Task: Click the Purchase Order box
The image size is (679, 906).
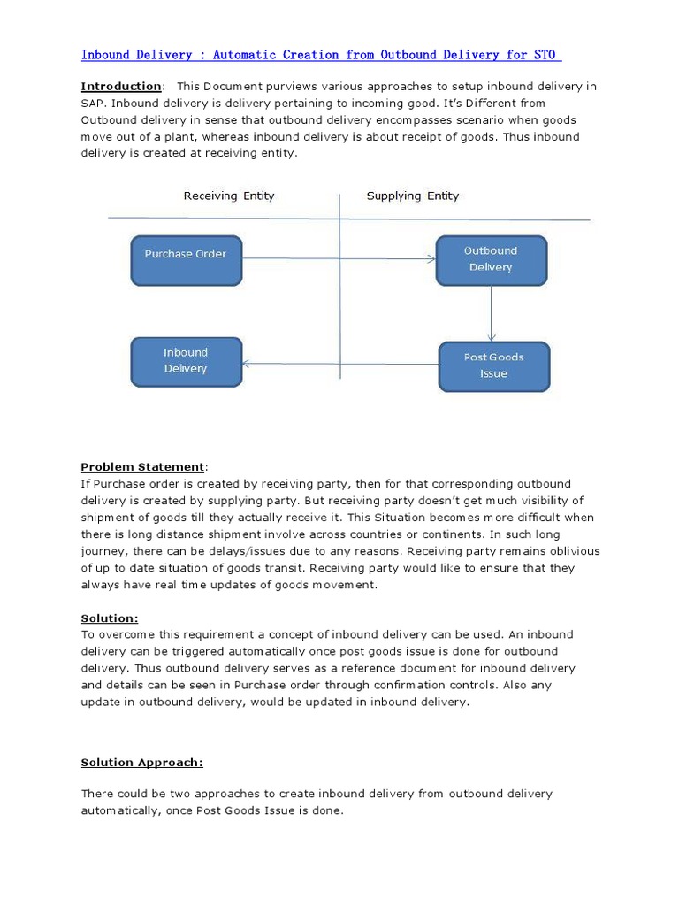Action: coord(186,260)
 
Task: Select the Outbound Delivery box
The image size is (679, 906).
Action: coord(491,259)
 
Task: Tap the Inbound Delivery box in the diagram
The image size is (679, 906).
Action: coord(186,361)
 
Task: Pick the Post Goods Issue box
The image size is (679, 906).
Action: coord(493,365)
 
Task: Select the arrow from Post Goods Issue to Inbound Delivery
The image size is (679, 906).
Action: coord(340,364)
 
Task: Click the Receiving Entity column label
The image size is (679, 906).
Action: coord(229,196)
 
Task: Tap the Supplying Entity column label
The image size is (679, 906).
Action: coord(413,196)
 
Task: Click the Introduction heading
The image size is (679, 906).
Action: coord(121,87)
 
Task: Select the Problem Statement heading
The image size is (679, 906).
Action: coord(142,467)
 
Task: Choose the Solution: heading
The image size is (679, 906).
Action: coord(110,618)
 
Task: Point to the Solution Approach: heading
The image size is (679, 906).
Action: coord(141,762)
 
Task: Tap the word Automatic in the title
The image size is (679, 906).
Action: coord(244,55)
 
